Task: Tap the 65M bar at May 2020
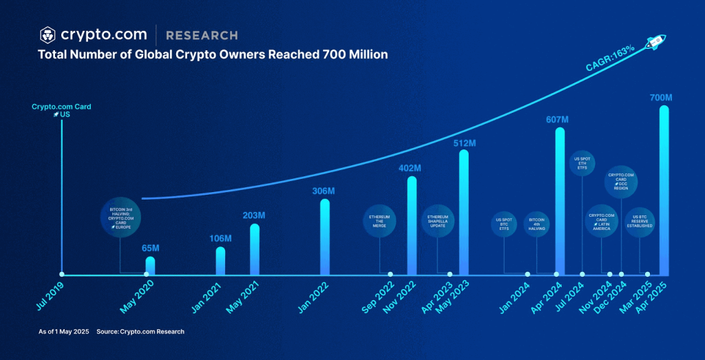pos(150,265)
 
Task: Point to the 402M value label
pos(410,168)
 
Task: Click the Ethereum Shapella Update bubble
pos(438,221)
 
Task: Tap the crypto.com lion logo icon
pos(48,34)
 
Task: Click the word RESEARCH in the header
pos(202,35)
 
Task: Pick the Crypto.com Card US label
pos(61,110)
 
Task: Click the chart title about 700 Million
pos(213,54)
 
